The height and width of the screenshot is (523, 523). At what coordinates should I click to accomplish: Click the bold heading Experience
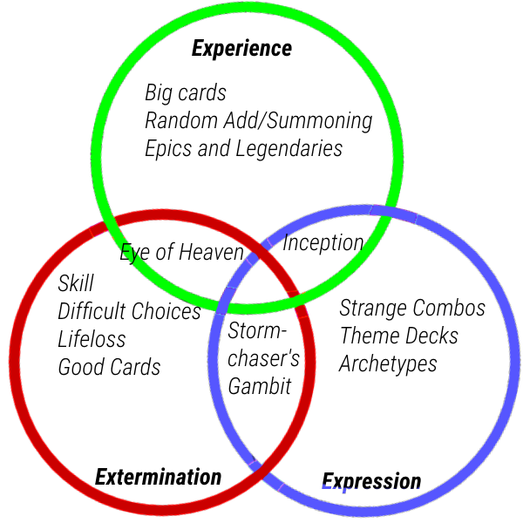coord(241,49)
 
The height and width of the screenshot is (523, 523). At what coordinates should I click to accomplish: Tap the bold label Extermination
coord(159,477)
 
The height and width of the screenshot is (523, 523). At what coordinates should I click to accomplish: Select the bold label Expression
coord(371,482)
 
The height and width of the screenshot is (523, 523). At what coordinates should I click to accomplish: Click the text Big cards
coord(186,92)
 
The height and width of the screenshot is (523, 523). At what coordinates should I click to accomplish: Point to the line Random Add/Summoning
coord(259,121)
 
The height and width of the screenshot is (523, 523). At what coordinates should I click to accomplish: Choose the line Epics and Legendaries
coord(244,149)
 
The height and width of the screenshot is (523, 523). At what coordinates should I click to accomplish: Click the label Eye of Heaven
coord(182,253)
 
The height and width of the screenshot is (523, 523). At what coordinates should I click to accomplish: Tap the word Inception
coord(323,243)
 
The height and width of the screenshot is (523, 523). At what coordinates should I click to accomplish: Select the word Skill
coord(76,283)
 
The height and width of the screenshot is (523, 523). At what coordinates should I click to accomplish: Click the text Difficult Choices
coord(129,311)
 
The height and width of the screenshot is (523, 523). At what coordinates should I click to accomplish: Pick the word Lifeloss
coord(92,339)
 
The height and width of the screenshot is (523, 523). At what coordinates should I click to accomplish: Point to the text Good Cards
coord(110,367)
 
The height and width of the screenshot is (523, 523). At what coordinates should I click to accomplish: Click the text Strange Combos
coord(412,308)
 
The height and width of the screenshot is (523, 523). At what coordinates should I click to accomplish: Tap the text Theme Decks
coord(399,336)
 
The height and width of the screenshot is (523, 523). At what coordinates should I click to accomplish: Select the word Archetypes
coord(388,364)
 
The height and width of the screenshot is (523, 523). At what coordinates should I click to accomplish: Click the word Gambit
coord(260,386)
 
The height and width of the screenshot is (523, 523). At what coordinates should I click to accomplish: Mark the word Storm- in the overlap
coord(257,330)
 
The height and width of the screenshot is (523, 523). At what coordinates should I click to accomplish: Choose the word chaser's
coord(263,358)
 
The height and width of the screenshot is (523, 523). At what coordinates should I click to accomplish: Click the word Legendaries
coord(289,149)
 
